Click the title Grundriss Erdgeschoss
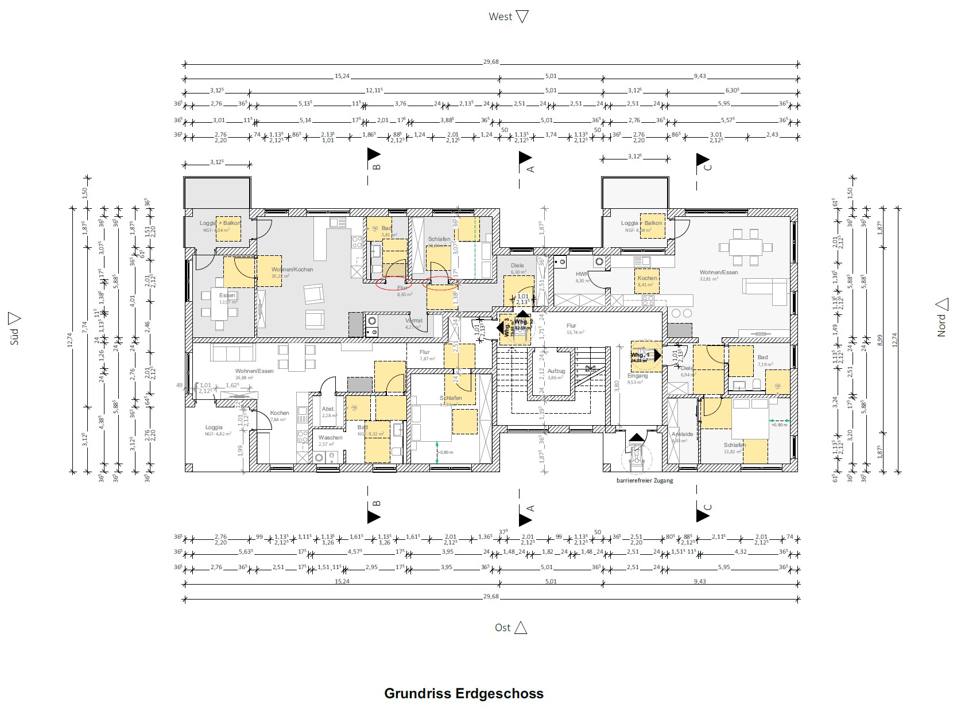click(463, 693)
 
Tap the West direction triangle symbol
click(522, 17)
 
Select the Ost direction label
click(502, 628)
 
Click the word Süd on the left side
click(15, 336)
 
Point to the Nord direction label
click(941, 325)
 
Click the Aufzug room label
click(556, 371)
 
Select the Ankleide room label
click(682, 434)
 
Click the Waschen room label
click(330, 438)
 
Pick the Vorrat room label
click(414, 321)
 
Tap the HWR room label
click(582, 274)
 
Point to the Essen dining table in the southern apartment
click(219, 312)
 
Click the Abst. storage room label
click(328, 409)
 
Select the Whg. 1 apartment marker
click(640, 355)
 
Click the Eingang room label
click(637, 376)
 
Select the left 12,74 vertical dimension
click(71, 341)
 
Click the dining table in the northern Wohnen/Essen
click(745, 248)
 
